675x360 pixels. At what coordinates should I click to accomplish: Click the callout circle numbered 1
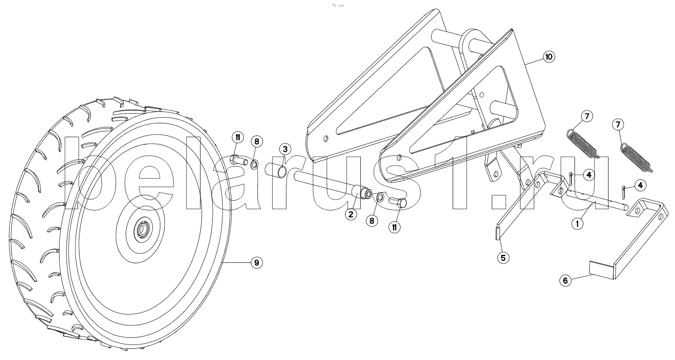pos(577,224)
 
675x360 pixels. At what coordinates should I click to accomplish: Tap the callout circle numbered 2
pos(350,215)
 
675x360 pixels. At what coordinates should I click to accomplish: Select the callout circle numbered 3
pos(286,149)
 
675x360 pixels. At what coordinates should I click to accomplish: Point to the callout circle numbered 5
pos(503,257)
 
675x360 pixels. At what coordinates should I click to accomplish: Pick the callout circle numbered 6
pos(565,280)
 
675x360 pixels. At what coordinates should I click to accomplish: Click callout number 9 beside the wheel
pos(256,263)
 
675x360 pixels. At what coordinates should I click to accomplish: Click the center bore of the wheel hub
pos(143,229)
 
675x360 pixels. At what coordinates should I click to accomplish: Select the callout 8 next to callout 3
pos(256,142)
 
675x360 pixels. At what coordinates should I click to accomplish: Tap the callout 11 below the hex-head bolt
pos(394,227)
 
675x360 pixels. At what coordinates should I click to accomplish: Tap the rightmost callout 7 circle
pos(618,125)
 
